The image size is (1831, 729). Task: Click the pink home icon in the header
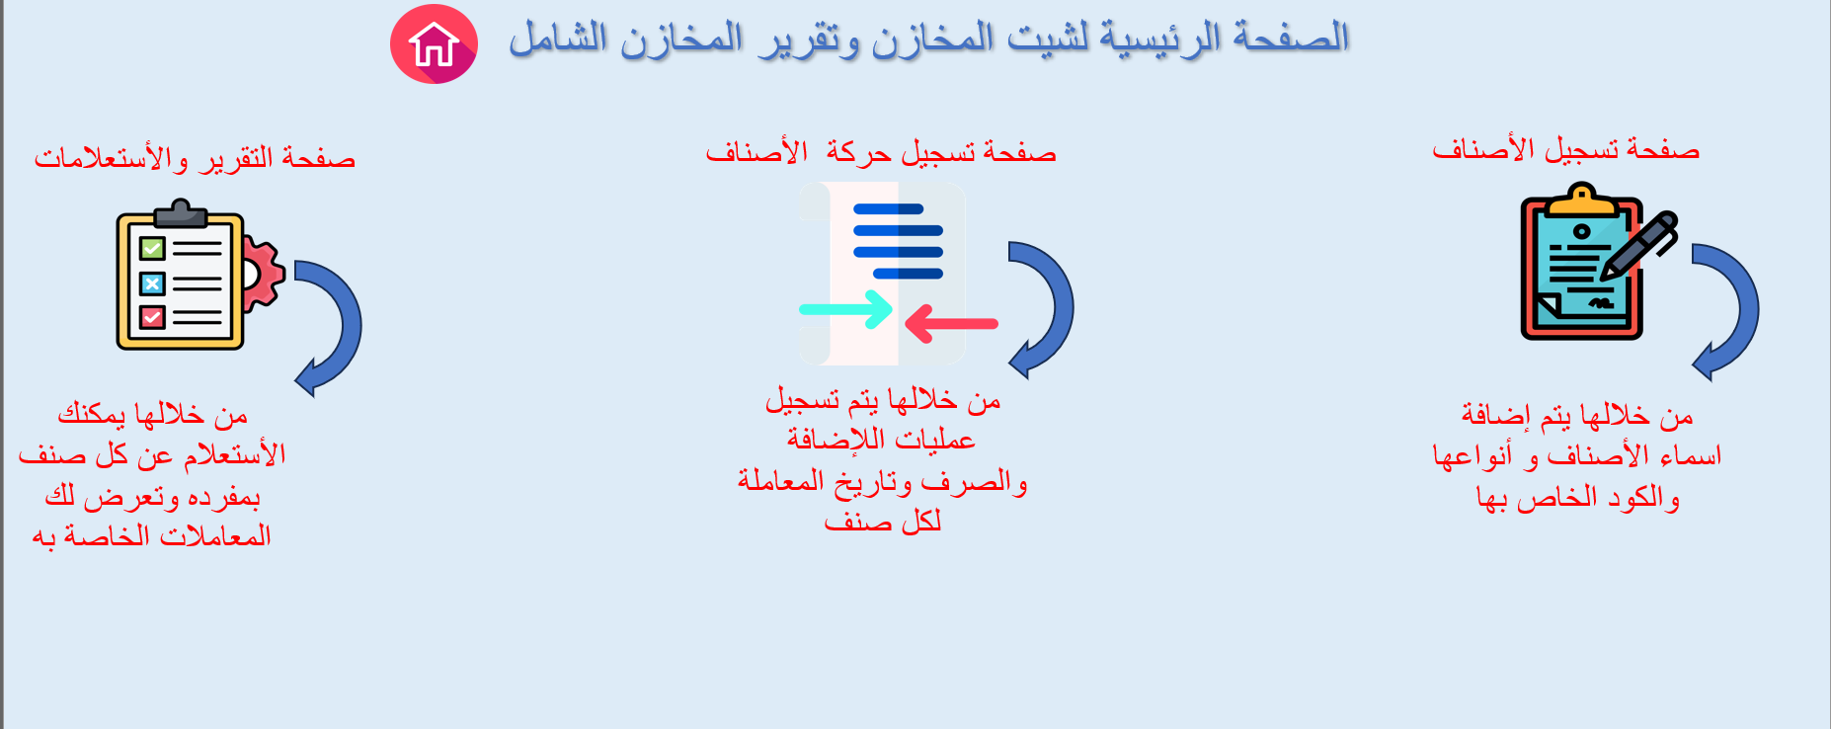[x=434, y=44]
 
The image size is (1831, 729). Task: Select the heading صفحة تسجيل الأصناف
[x=1565, y=150]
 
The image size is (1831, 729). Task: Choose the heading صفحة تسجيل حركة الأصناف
[x=881, y=153]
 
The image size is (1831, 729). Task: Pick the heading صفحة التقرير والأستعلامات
[x=195, y=159]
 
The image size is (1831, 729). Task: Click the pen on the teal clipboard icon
[x=1639, y=245]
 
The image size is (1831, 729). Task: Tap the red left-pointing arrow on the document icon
[x=951, y=324]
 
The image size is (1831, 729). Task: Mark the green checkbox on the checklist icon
[x=152, y=248]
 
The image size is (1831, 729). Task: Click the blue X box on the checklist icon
[x=152, y=284]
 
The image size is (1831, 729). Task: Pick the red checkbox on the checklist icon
[x=152, y=317]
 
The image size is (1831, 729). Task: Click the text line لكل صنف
[x=883, y=522]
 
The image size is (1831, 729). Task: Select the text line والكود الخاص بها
[x=1577, y=497]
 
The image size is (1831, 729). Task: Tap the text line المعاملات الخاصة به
[x=152, y=536]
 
